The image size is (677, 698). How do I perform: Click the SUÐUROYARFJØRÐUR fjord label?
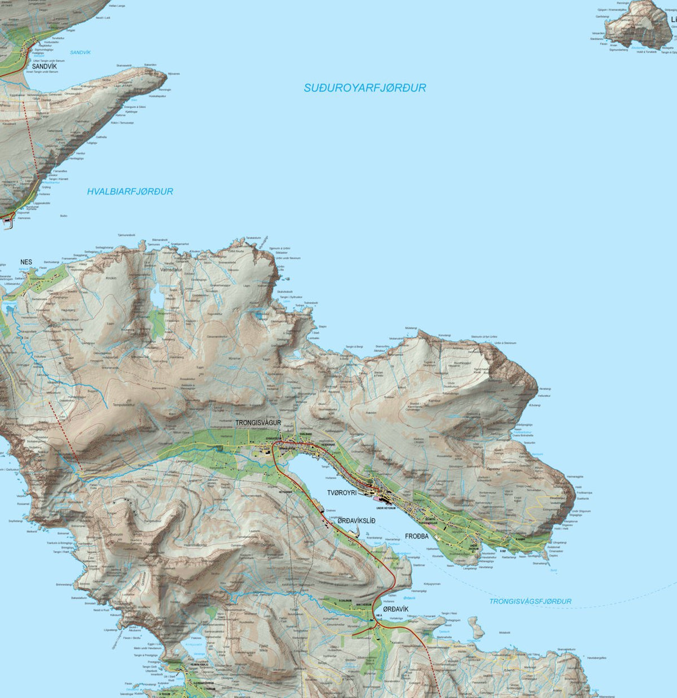click(364, 88)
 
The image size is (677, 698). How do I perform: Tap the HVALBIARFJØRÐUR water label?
click(130, 192)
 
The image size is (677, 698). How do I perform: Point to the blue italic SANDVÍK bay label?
click(80, 52)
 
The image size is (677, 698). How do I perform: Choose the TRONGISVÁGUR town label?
click(258, 422)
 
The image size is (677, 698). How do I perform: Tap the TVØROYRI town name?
click(346, 492)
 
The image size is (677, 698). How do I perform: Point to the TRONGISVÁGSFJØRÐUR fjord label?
click(530, 601)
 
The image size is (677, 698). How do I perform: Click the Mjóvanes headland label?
click(173, 74)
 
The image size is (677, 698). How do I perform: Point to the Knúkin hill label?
click(111, 278)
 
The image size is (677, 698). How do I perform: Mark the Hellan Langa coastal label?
click(117, 5)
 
